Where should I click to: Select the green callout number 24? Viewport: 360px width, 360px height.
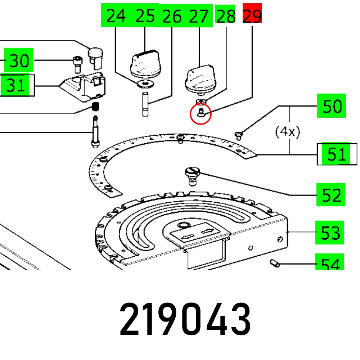(x=116, y=16)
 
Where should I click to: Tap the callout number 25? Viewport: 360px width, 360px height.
(x=145, y=16)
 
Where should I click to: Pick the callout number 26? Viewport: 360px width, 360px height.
(x=172, y=16)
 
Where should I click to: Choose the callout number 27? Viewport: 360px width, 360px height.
(x=199, y=16)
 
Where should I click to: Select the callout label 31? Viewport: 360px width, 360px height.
(x=17, y=86)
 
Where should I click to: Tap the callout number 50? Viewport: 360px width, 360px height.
(x=331, y=106)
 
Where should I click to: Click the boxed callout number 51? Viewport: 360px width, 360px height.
(x=337, y=154)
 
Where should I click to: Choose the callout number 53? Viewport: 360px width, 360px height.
(x=330, y=233)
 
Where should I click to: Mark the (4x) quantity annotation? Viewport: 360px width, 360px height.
(x=287, y=132)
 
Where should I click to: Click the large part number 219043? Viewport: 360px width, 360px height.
(x=185, y=319)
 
